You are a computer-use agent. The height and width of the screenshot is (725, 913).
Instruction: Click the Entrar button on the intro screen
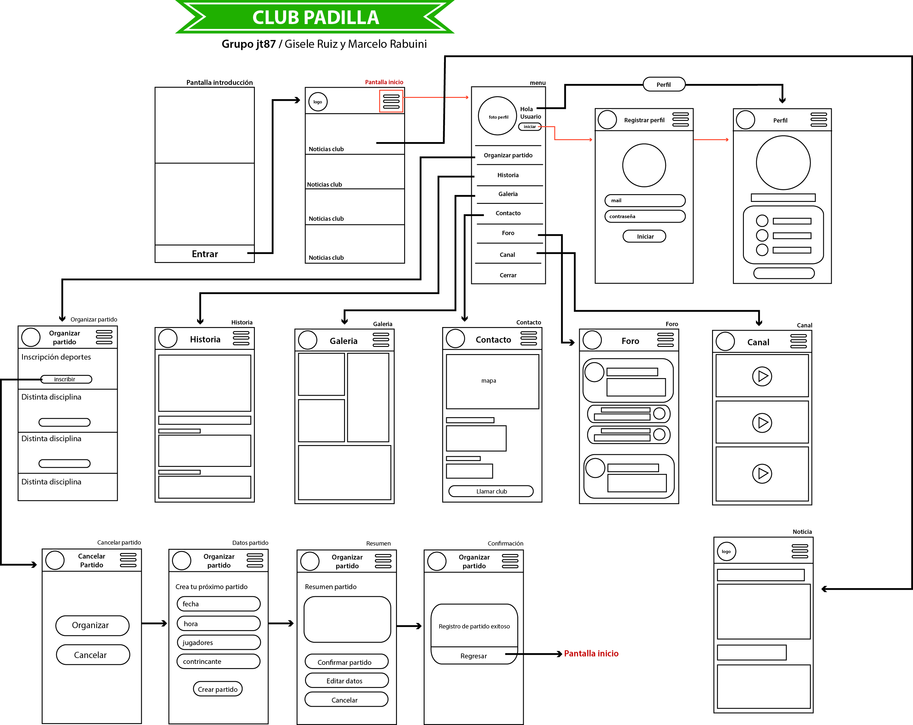205,254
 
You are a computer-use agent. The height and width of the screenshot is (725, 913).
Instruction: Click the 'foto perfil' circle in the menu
497,116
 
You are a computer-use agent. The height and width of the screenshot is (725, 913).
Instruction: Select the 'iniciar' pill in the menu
529,126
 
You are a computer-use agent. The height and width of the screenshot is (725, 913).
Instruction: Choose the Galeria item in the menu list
508,194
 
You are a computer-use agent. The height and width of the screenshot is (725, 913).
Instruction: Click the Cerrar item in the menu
508,275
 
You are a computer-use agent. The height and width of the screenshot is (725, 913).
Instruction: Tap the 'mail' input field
644,200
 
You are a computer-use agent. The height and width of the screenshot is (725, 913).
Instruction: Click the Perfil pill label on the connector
664,84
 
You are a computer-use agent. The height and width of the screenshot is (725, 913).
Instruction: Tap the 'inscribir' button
66,379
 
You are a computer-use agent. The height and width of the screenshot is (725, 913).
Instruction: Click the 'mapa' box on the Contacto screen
492,381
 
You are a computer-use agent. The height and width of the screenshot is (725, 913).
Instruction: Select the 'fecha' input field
218,604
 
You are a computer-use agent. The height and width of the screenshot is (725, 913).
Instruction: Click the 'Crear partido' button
218,689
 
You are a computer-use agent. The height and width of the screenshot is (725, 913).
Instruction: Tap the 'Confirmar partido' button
346,662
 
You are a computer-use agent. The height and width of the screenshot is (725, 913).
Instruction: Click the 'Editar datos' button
346,680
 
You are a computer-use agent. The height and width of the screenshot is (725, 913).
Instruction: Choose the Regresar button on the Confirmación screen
473,655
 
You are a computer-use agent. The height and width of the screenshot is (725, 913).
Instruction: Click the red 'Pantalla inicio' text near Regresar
591,653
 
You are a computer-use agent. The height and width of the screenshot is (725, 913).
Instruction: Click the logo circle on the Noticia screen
726,551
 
